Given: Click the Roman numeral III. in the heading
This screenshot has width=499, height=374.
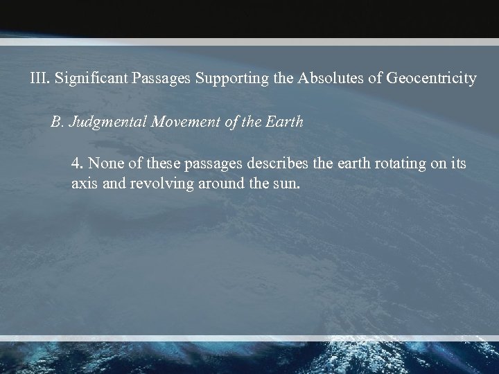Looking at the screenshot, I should pos(40,79).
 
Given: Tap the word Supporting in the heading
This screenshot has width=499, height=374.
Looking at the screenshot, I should pos(227,79).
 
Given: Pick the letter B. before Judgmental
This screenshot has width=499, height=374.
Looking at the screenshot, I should pos(57,122).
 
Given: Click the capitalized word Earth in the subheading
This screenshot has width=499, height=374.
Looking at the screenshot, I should pos(284,122).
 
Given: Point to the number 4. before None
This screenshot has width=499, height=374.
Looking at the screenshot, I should pos(77,165).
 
